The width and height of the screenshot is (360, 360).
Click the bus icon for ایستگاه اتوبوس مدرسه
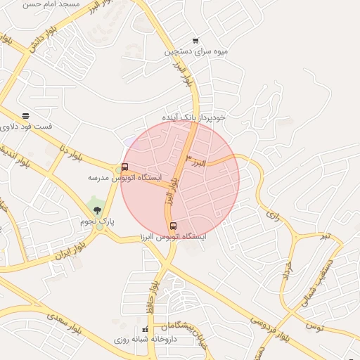[124, 167]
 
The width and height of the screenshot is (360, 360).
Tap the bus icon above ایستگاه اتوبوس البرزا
[174, 226]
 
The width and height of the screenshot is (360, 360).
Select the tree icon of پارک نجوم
[98, 209]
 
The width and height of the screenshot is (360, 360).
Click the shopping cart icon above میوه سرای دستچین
[195, 40]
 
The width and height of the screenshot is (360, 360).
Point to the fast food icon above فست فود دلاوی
[26, 115]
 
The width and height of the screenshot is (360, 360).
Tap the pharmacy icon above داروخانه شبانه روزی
[146, 329]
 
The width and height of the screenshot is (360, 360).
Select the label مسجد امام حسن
[51, 4]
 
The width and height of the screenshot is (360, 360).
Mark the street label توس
[314, 326]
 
